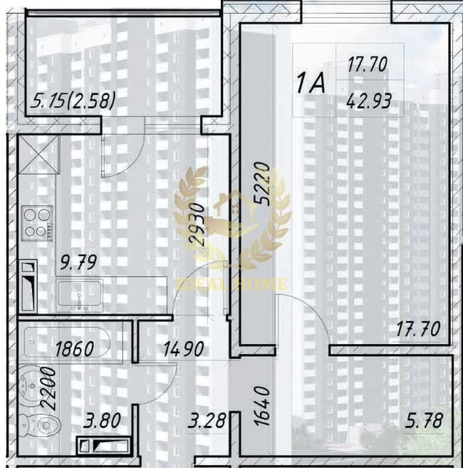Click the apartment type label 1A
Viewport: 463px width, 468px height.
[x=311, y=83]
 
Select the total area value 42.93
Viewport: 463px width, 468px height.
[x=369, y=101]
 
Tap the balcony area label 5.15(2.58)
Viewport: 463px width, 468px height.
[x=73, y=101]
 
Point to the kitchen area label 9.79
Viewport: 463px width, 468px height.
[x=78, y=262]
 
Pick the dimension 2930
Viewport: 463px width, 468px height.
[x=197, y=224]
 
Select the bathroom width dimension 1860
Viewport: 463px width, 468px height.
[x=74, y=349]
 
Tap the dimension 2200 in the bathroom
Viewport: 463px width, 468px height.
[x=48, y=388]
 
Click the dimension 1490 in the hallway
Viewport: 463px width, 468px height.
[x=184, y=349]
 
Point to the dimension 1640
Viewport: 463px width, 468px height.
[x=262, y=406]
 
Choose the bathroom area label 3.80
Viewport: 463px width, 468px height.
[x=102, y=420]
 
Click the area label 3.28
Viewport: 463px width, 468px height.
[x=207, y=420]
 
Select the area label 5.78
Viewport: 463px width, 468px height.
[x=424, y=420]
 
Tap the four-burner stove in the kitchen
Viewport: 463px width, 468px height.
[x=37, y=223]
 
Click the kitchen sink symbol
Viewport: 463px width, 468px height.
[x=79, y=296]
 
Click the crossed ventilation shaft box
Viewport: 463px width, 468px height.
[x=38, y=155]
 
